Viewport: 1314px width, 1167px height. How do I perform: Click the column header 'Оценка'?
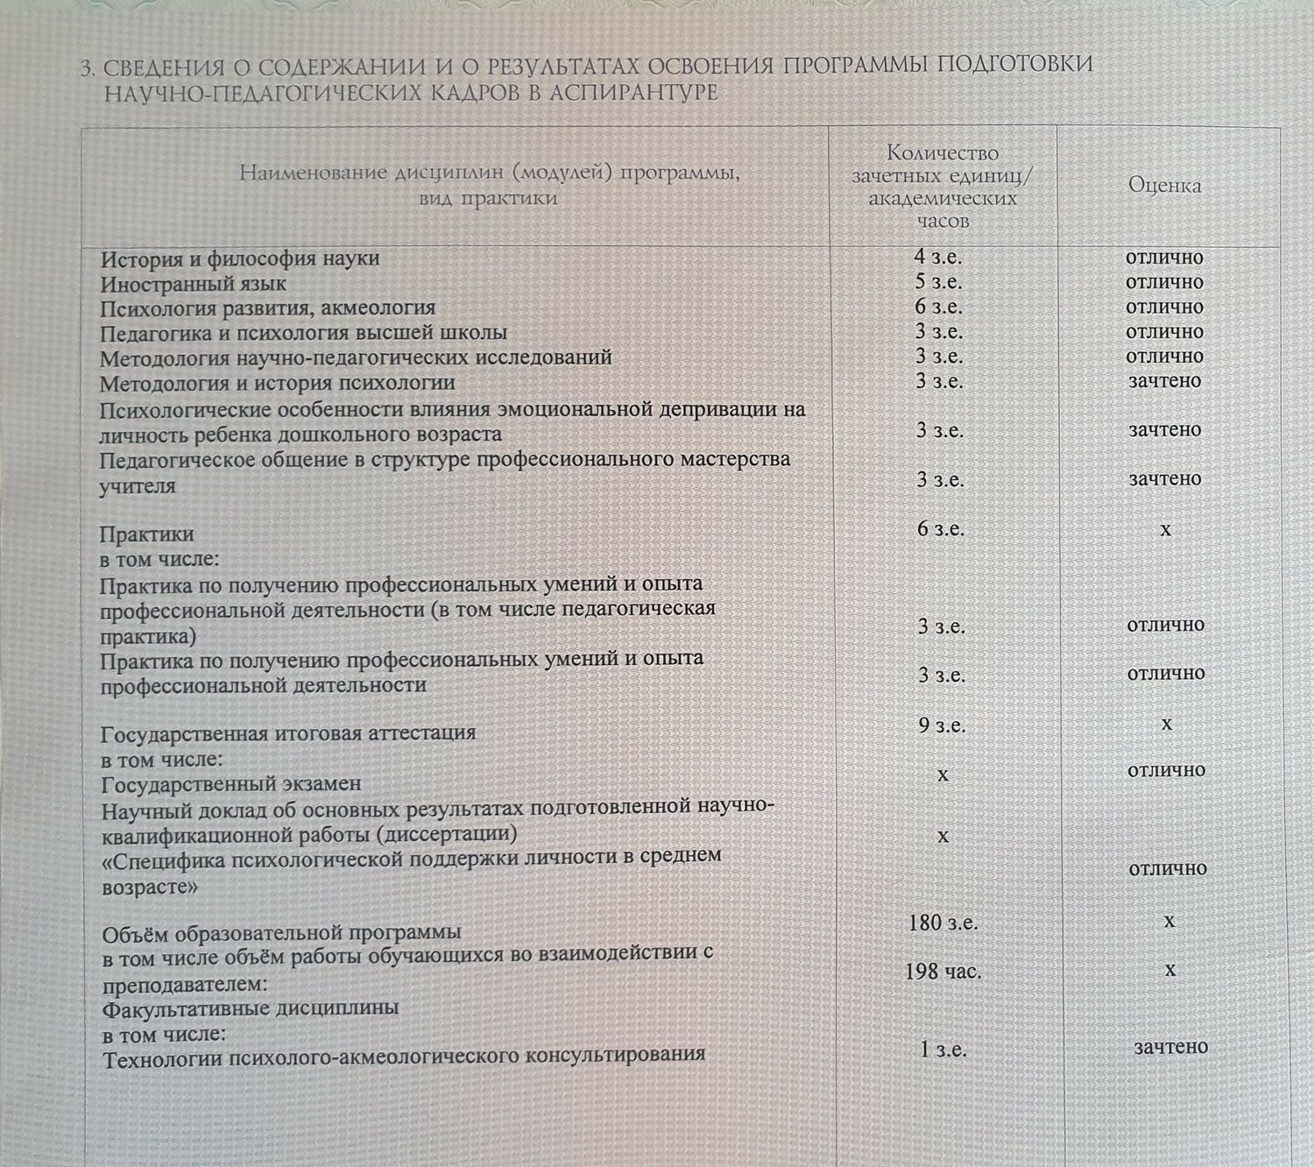point(1164,186)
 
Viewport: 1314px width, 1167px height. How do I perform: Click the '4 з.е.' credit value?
point(938,257)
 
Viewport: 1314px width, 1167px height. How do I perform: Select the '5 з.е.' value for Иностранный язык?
point(938,282)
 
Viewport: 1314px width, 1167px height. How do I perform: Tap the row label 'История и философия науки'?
point(240,258)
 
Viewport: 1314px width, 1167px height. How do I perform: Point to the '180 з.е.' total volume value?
point(943,923)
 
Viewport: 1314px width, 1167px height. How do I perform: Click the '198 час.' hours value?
point(943,972)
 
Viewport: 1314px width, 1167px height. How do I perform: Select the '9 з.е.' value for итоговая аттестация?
point(942,725)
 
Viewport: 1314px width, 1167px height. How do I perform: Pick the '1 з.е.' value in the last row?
point(943,1050)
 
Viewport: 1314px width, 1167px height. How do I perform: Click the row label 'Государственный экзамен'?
point(231,784)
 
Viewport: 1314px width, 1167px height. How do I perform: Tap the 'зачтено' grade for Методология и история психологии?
point(1164,381)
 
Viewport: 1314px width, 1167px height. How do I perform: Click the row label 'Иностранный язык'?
point(193,284)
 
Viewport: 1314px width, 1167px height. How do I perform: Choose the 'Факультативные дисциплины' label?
point(251,1008)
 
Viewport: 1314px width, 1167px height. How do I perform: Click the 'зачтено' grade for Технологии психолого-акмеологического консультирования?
point(1170,1047)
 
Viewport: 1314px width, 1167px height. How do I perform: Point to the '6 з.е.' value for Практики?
point(940,529)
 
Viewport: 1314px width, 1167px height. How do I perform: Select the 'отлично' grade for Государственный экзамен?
point(1166,770)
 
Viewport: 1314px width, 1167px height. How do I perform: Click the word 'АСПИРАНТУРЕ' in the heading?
point(633,93)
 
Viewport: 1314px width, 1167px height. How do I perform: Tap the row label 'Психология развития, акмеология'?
point(267,308)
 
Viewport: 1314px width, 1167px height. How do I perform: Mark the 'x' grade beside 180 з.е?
point(1169,921)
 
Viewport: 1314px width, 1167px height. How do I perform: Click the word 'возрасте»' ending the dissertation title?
point(150,887)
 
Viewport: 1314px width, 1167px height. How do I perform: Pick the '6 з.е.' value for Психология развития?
point(938,307)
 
